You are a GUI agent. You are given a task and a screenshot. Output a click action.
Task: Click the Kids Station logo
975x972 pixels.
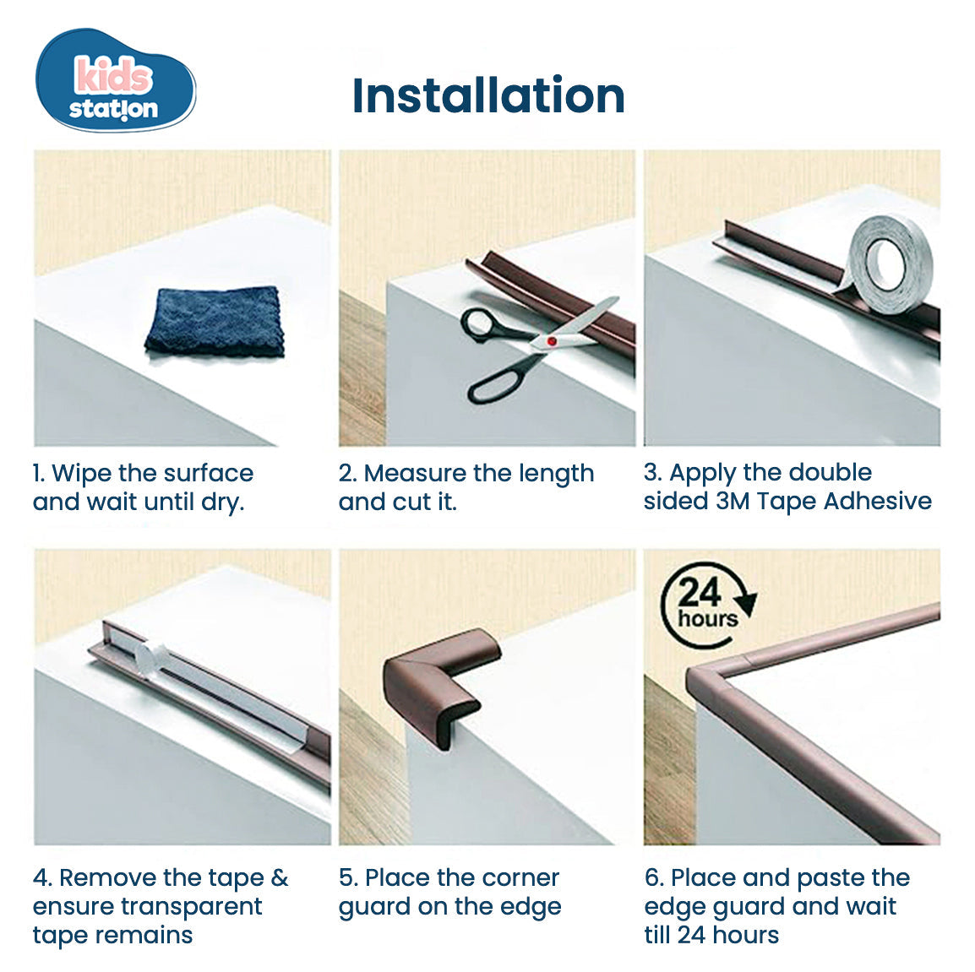(x=114, y=82)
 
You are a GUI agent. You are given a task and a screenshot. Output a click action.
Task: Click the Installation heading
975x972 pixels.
(x=487, y=95)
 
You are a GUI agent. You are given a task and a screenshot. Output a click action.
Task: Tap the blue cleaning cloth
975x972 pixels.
(x=214, y=321)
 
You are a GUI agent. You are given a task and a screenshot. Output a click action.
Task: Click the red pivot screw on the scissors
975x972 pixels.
(x=551, y=340)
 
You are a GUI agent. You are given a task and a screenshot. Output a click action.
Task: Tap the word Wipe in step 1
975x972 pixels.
(x=82, y=473)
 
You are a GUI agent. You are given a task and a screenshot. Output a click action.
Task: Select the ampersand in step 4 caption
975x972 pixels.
(x=280, y=877)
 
